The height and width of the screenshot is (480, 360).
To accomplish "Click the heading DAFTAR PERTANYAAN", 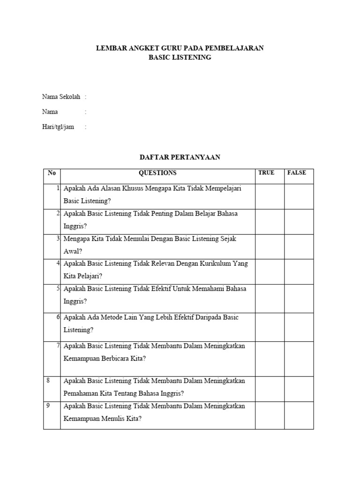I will point(180,157).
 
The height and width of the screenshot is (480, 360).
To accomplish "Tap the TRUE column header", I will point(266,173).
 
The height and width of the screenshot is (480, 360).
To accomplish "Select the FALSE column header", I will point(296,173).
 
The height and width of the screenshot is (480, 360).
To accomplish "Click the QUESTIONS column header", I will point(157,173).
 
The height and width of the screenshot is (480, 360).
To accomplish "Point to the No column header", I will point(52,173).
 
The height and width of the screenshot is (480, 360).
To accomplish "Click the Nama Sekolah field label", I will point(61,97).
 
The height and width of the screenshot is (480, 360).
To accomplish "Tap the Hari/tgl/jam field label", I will point(58,127).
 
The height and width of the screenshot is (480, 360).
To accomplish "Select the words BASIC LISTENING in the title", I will point(180,58).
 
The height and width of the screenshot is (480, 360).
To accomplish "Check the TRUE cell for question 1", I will point(270,196).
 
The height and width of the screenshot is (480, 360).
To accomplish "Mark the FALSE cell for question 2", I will point(299,222).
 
